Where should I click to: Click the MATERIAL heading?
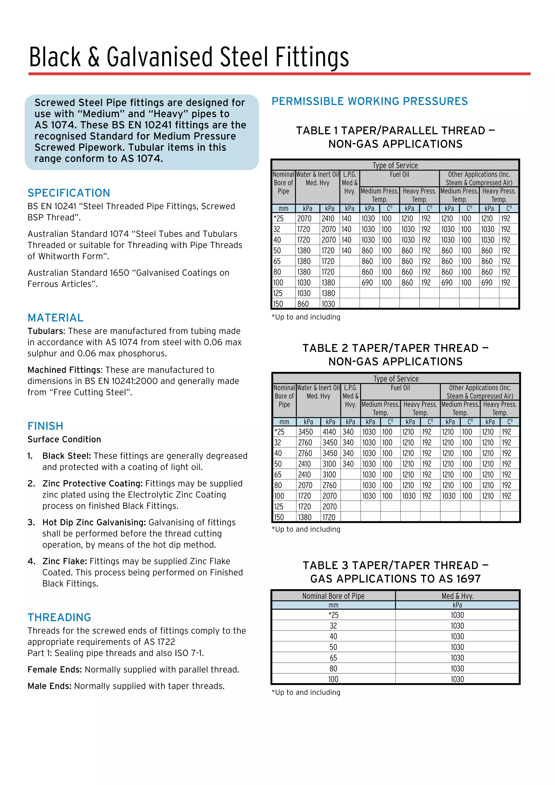click(55, 318)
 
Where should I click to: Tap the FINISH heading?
click(46, 426)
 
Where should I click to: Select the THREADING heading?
click(59, 617)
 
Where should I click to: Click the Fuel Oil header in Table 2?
click(400, 388)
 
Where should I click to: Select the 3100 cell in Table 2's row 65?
click(329, 475)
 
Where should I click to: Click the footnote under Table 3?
click(306, 692)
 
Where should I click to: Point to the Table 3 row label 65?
click(333, 658)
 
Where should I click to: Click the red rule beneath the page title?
click(279, 74)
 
